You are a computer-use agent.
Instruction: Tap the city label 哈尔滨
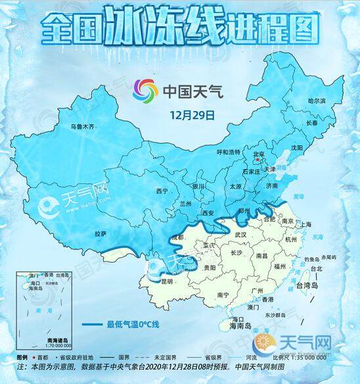(x=317, y=101)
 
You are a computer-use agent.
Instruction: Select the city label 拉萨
(x=100, y=233)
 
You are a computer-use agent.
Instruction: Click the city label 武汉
(x=239, y=234)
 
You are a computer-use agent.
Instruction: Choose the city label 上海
(x=304, y=224)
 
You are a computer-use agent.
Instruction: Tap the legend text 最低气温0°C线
(x=133, y=324)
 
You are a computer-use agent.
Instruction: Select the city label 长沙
(x=236, y=252)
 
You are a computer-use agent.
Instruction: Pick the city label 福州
(x=280, y=266)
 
